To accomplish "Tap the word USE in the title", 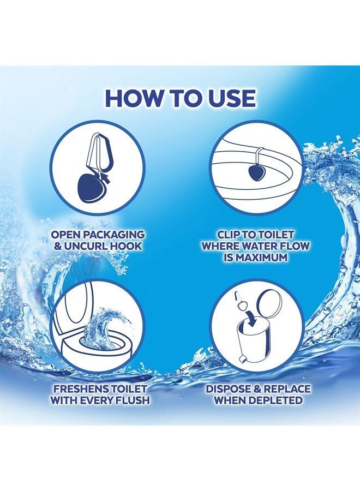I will (x=230, y=98).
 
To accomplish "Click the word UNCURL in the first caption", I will (x=89, y=246).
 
